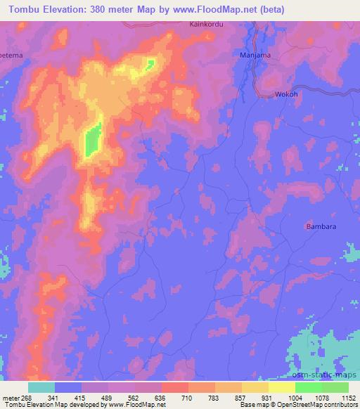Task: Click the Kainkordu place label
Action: click(206, 24)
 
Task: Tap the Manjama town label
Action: click(255, 55)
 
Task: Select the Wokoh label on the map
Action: click(286, 94)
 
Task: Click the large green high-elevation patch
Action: click(93, 139)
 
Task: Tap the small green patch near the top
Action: click(150, 65)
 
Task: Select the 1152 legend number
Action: click(349, 396)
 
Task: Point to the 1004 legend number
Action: click(295, 396)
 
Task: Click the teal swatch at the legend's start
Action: click(41, 387)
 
